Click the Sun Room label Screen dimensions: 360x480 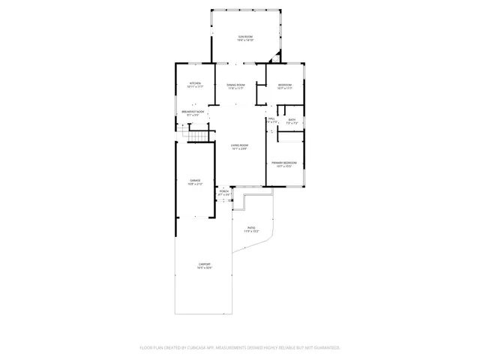point(246,36)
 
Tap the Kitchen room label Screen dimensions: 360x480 point(195,82)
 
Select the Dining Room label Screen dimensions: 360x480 point(236,85)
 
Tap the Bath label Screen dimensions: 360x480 point(292,119)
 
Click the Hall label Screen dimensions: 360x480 point(271,118)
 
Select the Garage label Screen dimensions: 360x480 point(195,180)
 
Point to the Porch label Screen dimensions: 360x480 point(223,191)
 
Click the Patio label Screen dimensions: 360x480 point(251,227)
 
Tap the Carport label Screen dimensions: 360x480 point(204,264)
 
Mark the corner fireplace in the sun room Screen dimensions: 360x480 point(278,57)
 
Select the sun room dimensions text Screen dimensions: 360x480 point(246,40)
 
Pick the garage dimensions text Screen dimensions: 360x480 point(195,184)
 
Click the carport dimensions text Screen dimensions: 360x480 point(204,268)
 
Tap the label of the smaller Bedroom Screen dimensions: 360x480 point(285,85)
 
